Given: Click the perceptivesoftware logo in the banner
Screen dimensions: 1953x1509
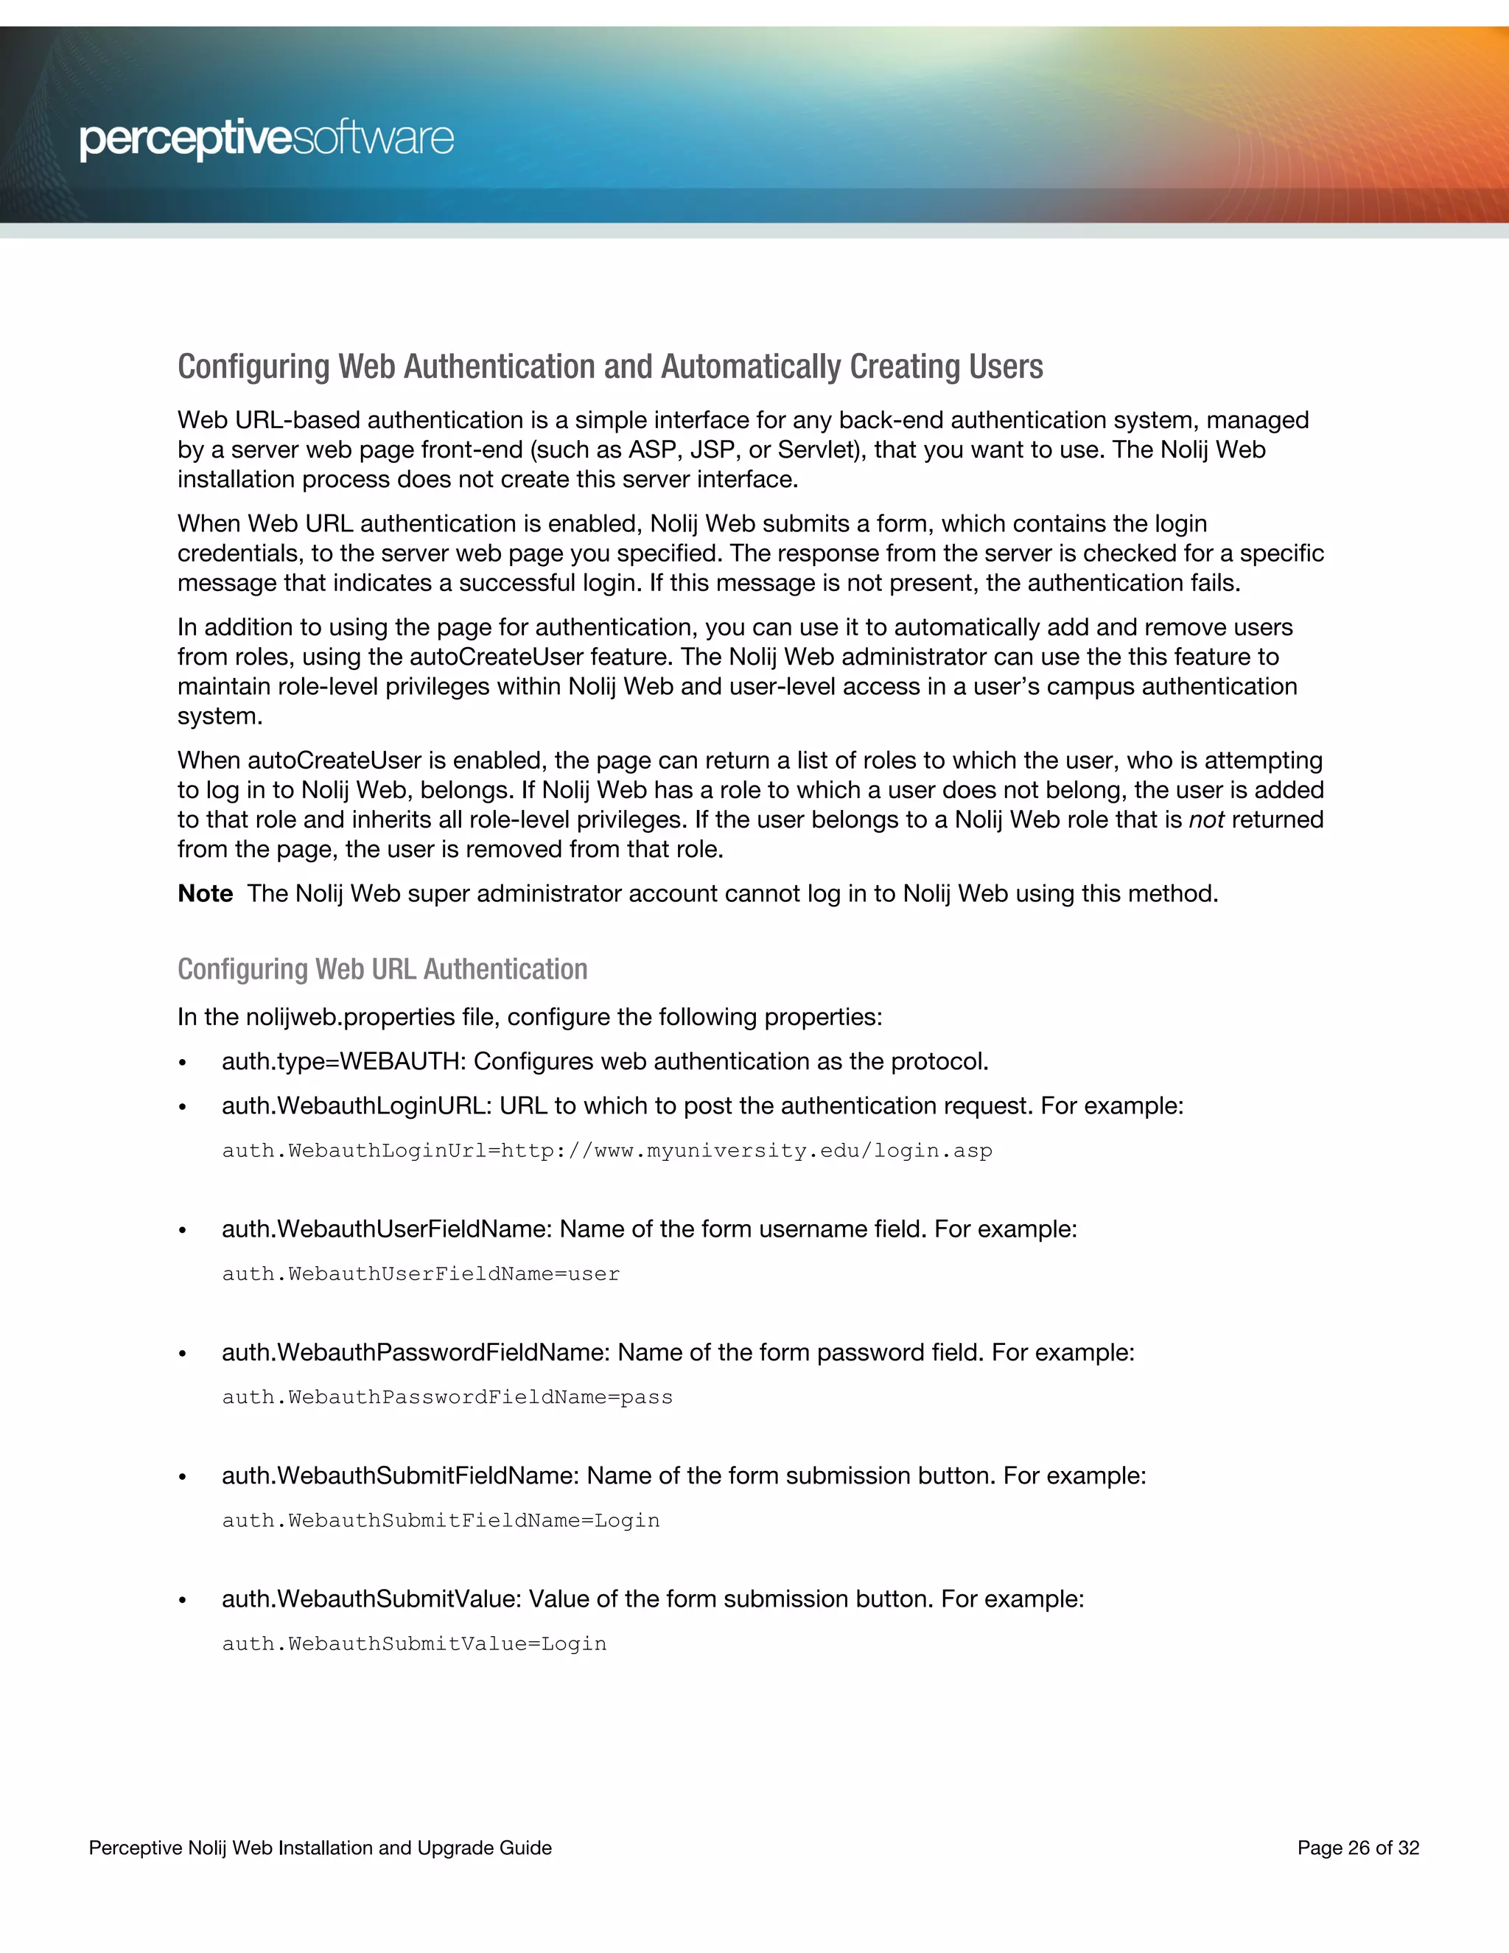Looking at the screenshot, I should point(267,139).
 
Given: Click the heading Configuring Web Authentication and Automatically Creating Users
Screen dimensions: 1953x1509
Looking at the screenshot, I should point(609,366).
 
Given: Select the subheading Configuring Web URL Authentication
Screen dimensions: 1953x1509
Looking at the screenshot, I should point(382,969).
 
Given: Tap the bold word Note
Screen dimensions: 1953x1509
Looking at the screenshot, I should point(205,893).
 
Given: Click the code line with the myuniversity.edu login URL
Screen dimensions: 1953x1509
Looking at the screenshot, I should point(607,1151).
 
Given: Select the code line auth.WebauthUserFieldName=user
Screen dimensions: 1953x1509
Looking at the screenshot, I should point(421,1274).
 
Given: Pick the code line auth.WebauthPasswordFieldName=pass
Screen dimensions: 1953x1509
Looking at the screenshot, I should point(447,1397).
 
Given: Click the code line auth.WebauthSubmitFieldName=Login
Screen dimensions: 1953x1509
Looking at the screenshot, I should point(441,1521).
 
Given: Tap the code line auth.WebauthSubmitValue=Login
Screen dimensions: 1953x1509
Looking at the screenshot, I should point(414,1644).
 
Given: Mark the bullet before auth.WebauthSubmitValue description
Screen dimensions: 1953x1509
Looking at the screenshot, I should point(183,1601).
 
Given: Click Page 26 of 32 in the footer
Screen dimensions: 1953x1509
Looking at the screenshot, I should point(1358,1848).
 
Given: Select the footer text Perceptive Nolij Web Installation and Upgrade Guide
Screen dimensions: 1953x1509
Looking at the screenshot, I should point(320,1848).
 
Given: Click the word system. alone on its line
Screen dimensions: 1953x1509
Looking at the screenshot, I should point(219,716).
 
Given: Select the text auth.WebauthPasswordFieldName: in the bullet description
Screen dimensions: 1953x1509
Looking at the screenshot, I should point(416,1353).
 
